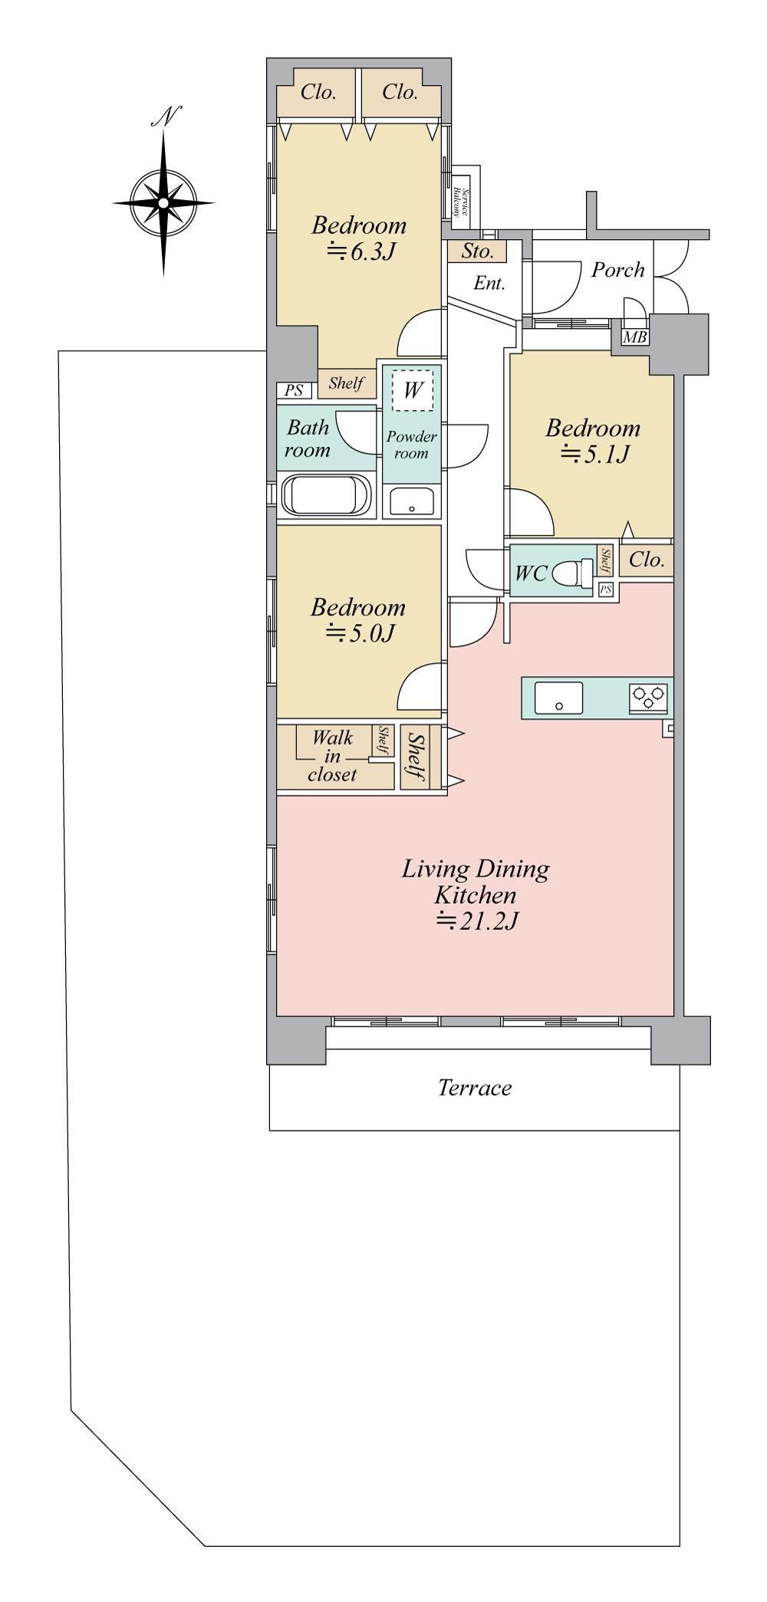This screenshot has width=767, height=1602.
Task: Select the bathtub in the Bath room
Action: pos(327,495)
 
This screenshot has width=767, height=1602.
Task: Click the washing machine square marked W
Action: pos(413,390)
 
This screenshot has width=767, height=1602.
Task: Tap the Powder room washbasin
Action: pos(412,501)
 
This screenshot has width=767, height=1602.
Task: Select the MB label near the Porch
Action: pos(634,337)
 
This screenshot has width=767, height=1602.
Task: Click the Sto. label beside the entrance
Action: pos(477,251)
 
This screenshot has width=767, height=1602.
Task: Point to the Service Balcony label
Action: pos(459,202)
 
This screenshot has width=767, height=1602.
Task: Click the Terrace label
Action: pos(475,1088)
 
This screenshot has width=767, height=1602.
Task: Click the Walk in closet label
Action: pos(333,756)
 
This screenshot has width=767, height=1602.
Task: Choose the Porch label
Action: pos(617,270)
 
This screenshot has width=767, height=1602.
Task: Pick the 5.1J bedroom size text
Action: pos(595,454)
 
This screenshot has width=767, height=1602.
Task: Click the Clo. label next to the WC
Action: pos(647,560)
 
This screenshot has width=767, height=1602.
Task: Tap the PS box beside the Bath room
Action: pos(294,391)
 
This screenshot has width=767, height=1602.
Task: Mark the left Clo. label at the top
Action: pos(318,93)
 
